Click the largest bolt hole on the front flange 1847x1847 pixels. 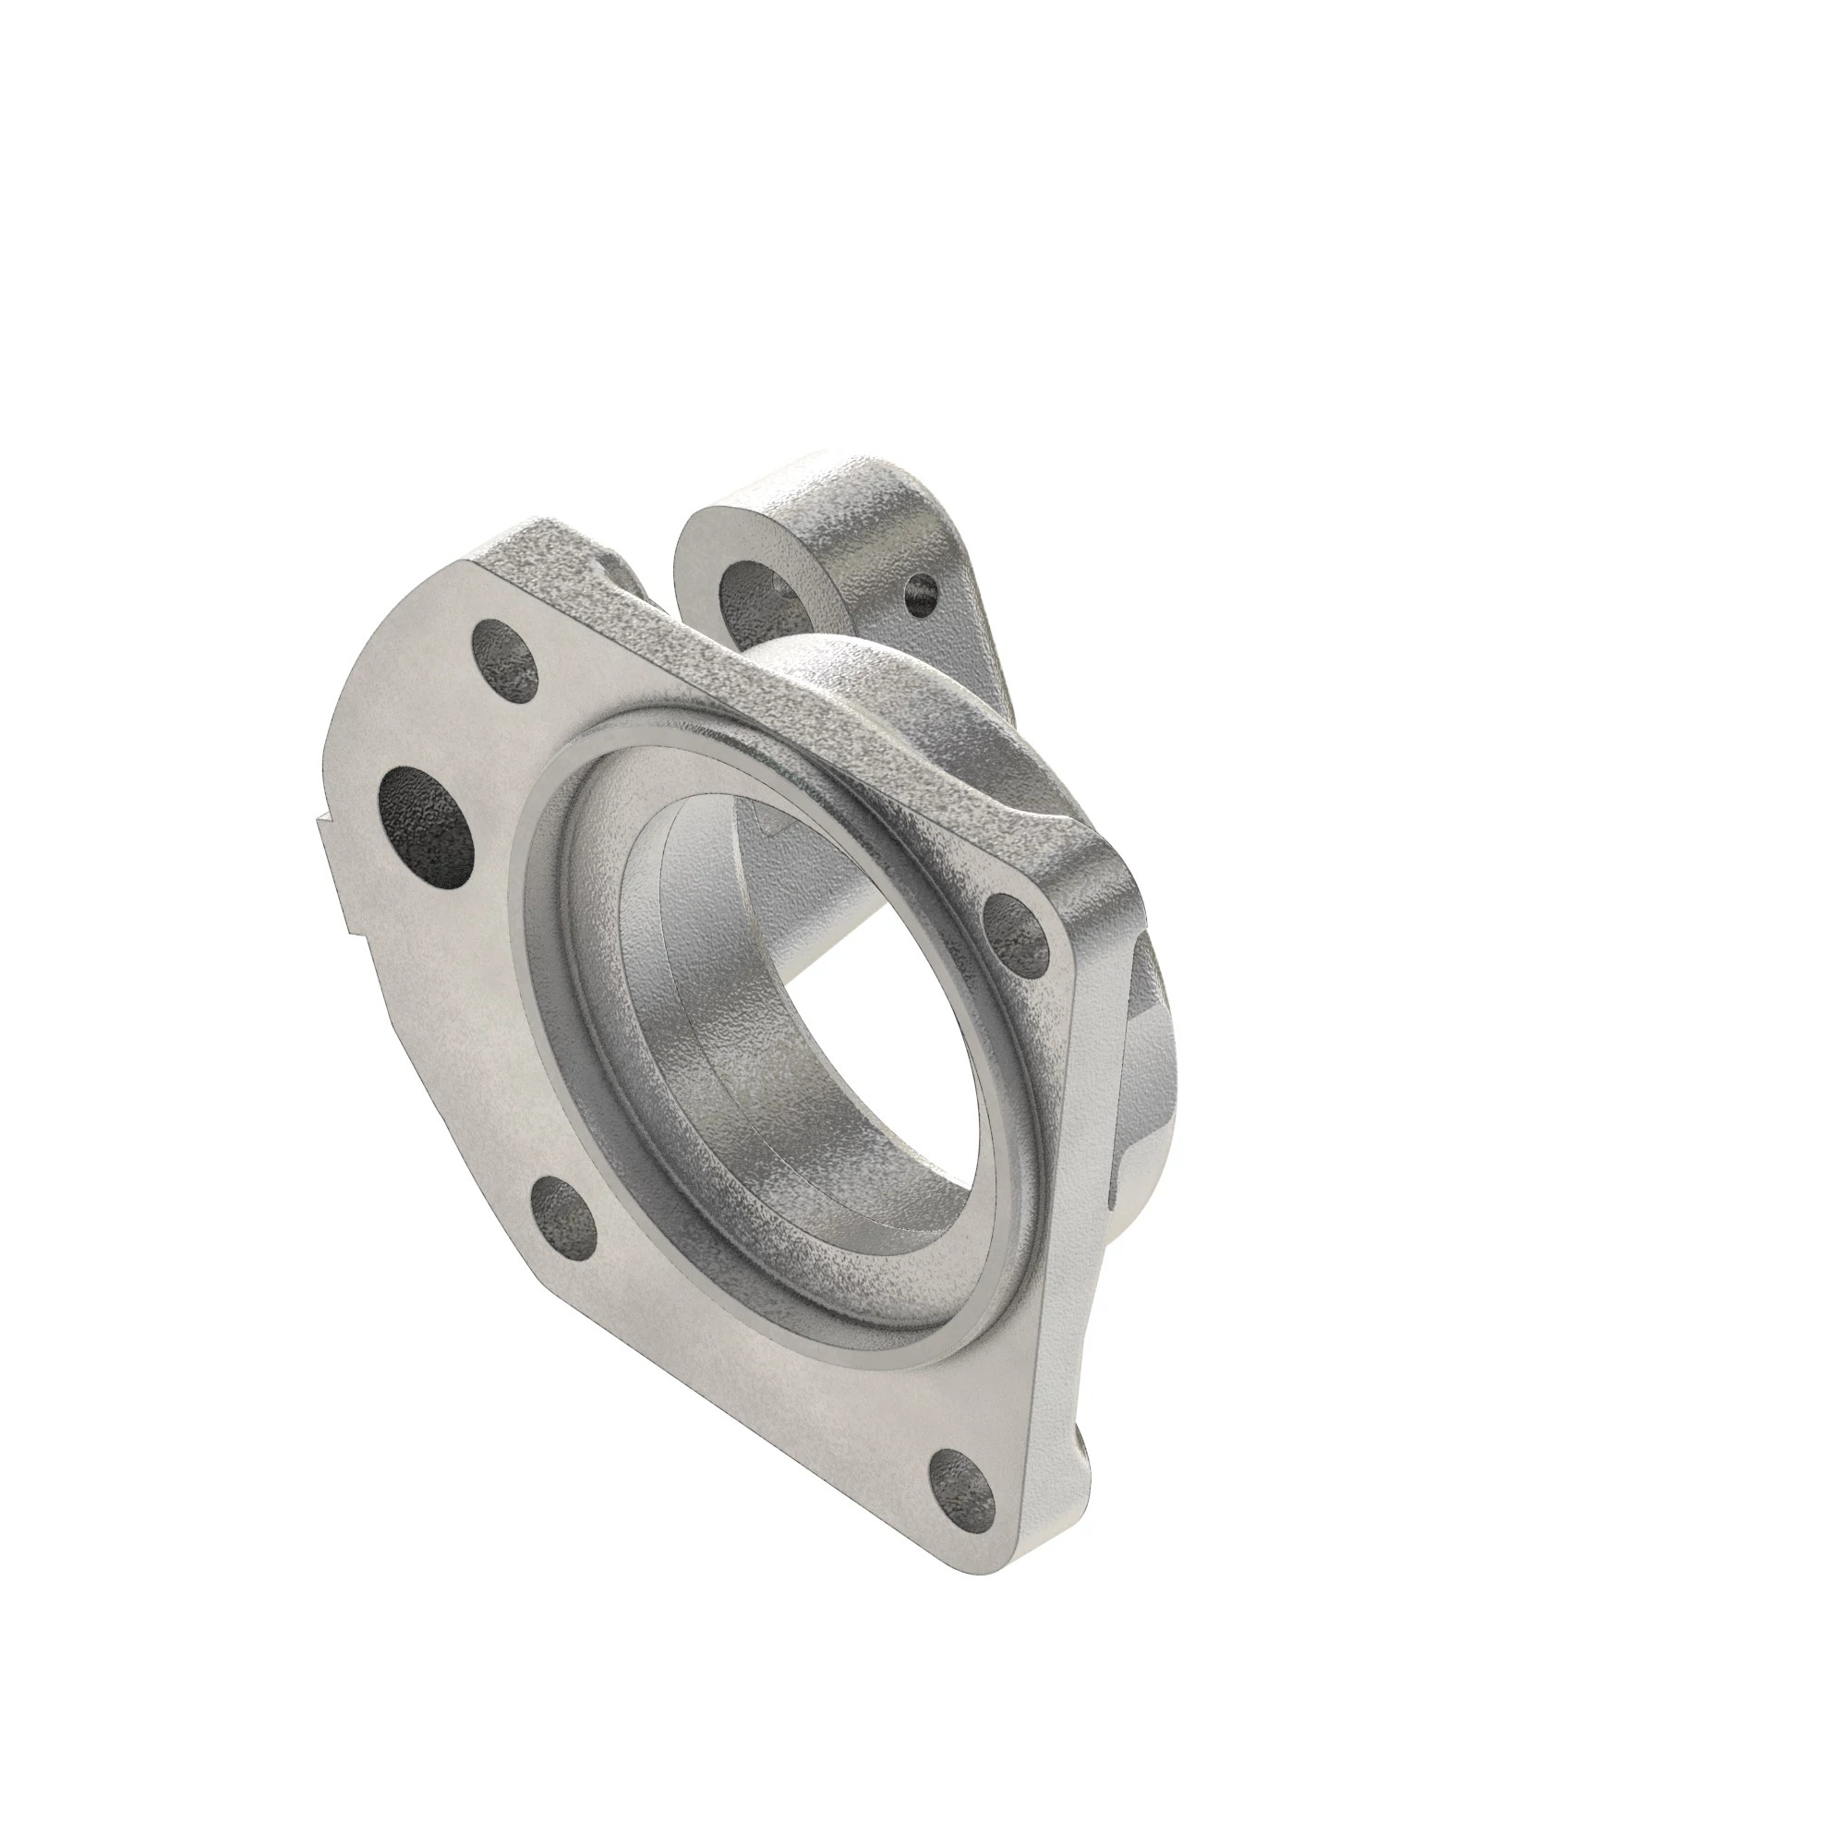coord(428,815)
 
